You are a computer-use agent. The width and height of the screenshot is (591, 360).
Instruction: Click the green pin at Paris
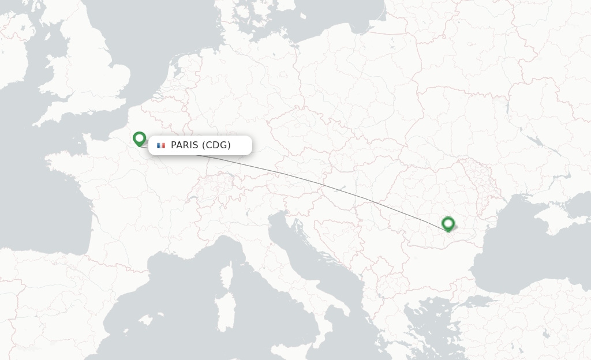coord(139,138)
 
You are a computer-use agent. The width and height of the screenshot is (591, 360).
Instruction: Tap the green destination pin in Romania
coord(448,223)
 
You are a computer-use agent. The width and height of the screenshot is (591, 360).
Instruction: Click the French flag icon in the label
coord(161,145)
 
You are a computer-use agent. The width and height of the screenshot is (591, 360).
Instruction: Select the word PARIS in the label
coord(184,145)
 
